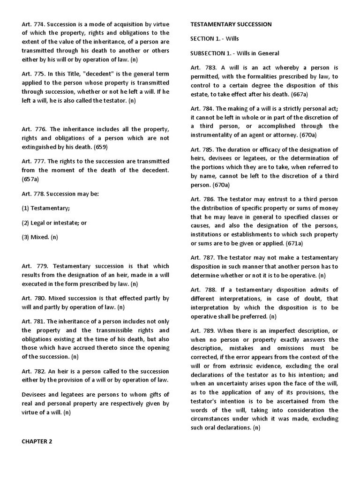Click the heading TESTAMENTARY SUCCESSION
pos(231,24)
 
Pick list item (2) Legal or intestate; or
pos(54,223)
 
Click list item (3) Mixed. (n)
pos(40,237)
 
